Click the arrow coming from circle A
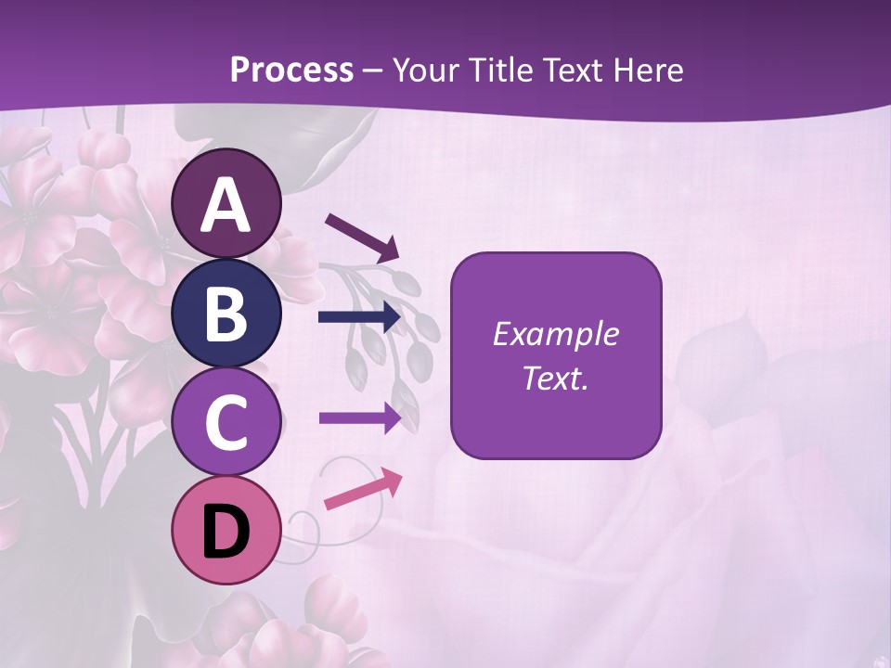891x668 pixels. coord(362,237)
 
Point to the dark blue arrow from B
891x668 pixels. coord(359,317)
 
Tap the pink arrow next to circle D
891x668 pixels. coord(363,489)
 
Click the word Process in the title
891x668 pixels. coord(291,71)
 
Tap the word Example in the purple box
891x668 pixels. coord(556,334)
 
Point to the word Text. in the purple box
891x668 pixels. coord(556,379)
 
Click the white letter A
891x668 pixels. coord(226,206)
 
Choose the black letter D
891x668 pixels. coord(226,532)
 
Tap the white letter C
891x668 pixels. coord(226,422)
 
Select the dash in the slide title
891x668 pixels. coord(373,72)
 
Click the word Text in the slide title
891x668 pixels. coord(578,71)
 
